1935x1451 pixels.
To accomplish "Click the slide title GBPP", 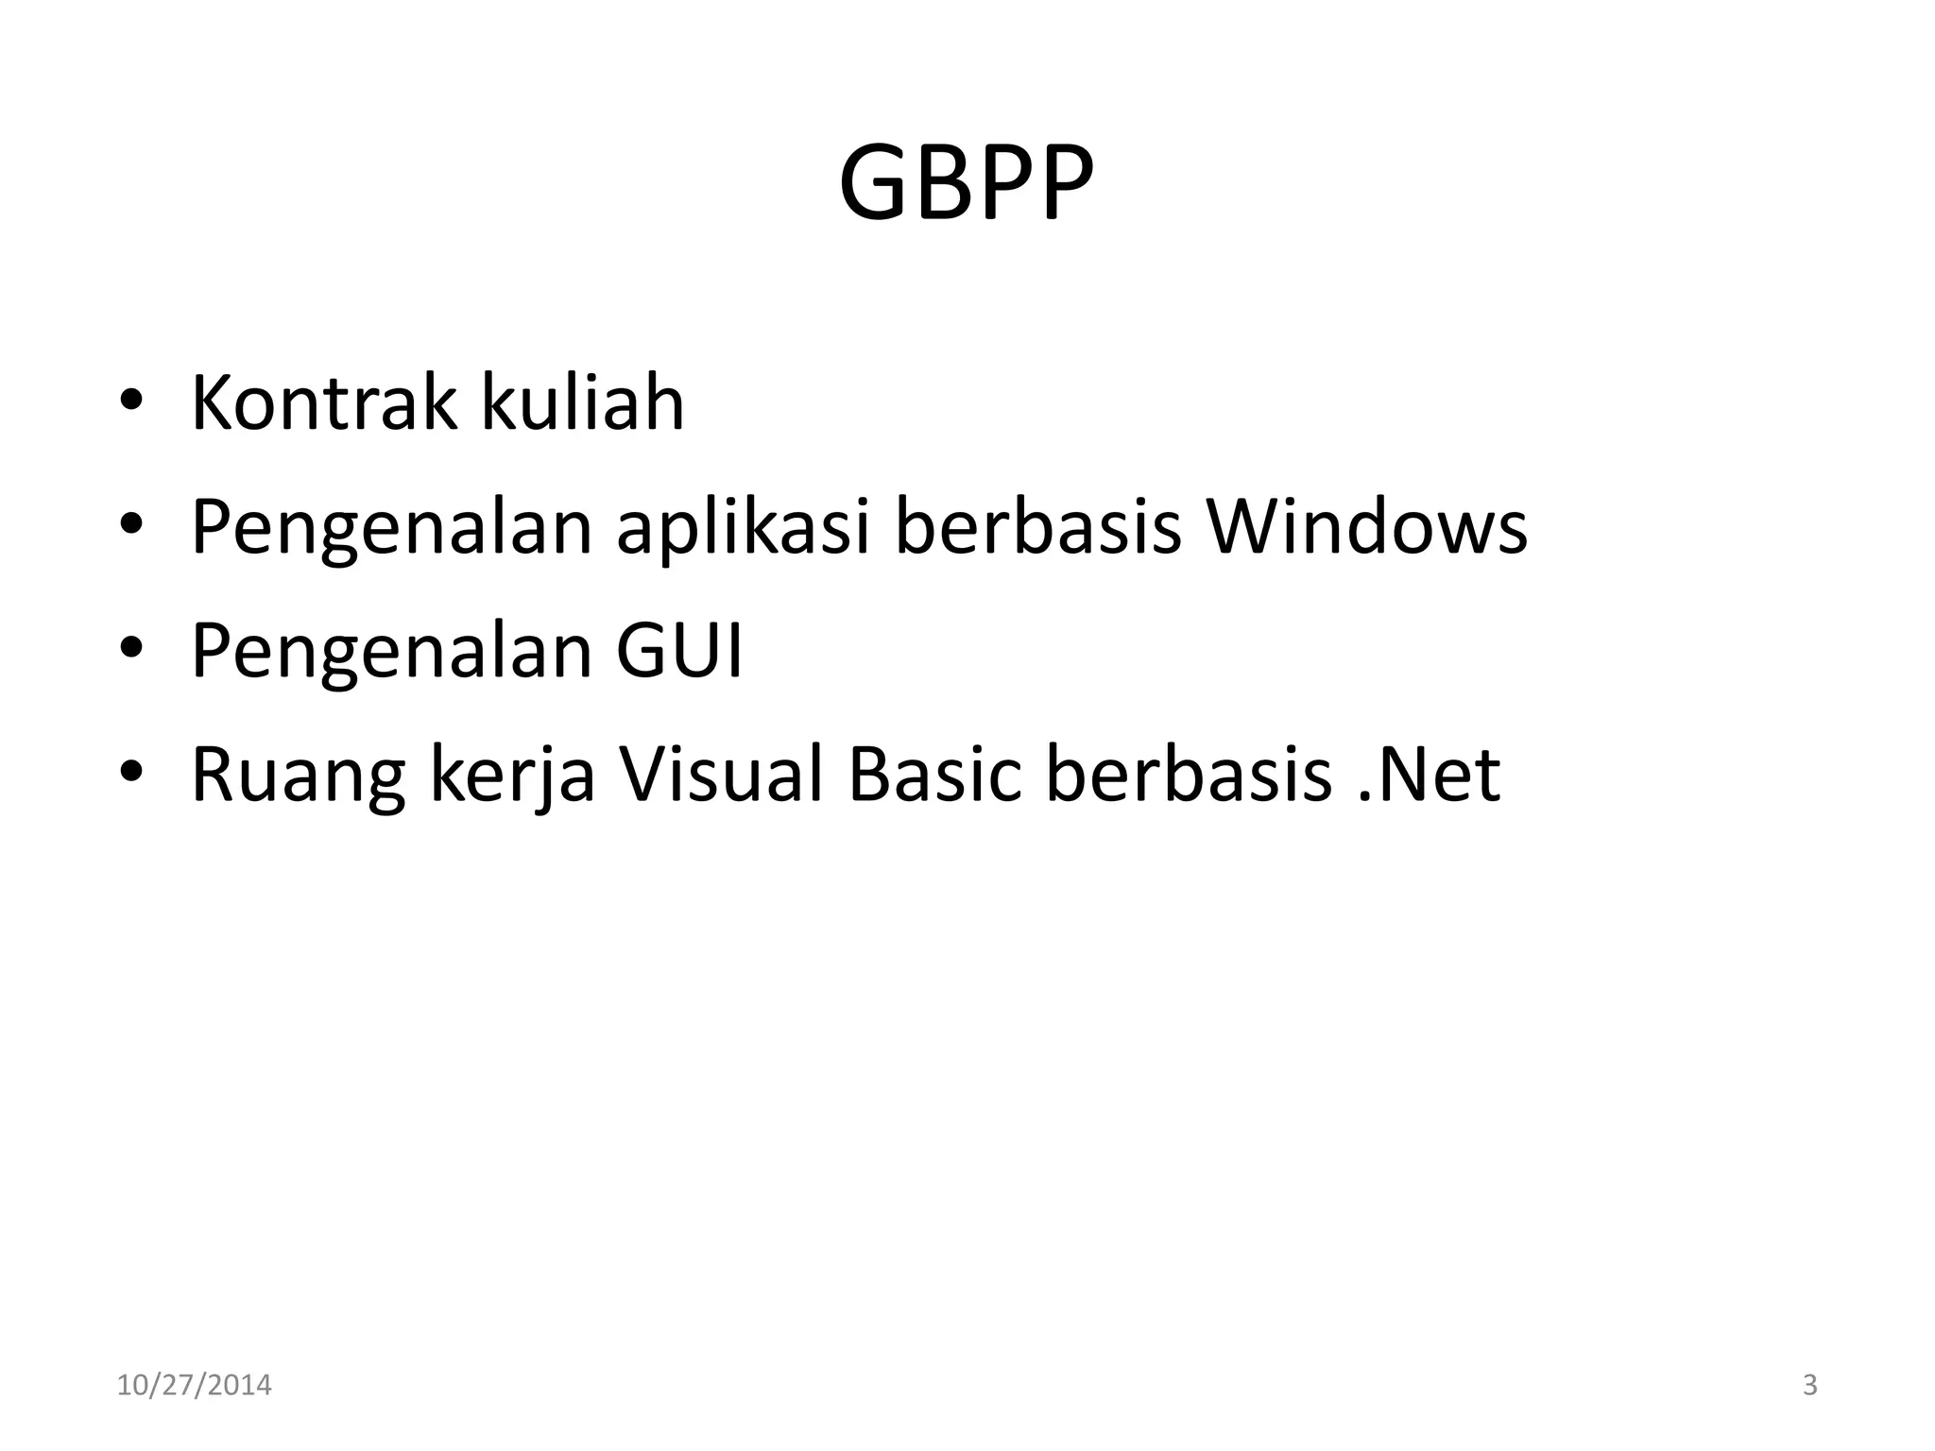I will point(966,183).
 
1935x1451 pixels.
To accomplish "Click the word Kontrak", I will point(323,403).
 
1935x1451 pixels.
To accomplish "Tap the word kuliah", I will point(582,403).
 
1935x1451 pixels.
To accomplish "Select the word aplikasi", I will point(743,527).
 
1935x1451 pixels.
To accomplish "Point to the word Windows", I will point(1367,527).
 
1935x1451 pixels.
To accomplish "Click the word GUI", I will point(679,651).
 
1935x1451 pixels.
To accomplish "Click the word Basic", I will point(934,775).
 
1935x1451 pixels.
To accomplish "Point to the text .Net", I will point(1428,775).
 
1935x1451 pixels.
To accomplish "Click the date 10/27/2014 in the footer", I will point(194,1386).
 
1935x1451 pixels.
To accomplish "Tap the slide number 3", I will point(1809,1386).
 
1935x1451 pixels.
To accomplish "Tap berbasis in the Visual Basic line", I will point(1189,775).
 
